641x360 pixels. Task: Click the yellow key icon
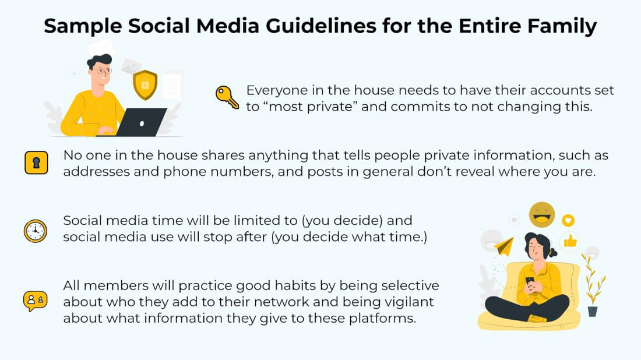tap(226, 97)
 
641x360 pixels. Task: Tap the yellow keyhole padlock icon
tap(36, 163)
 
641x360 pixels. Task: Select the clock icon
tap(35, 231)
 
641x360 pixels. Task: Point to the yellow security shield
tap(145, 84)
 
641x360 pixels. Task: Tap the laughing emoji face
tap(542, 214)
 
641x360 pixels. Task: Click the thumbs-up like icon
tap(570, 241)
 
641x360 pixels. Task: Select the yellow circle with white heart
tap(568, 221)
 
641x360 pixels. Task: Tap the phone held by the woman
tap(530, 281)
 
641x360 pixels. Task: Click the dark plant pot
tap(593, 312)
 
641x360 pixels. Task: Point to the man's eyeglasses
tap(102, 70)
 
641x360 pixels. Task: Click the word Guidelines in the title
tap(321, 26)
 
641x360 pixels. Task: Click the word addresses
tap(96, 171)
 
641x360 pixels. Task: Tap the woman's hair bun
tap(552, 253)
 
